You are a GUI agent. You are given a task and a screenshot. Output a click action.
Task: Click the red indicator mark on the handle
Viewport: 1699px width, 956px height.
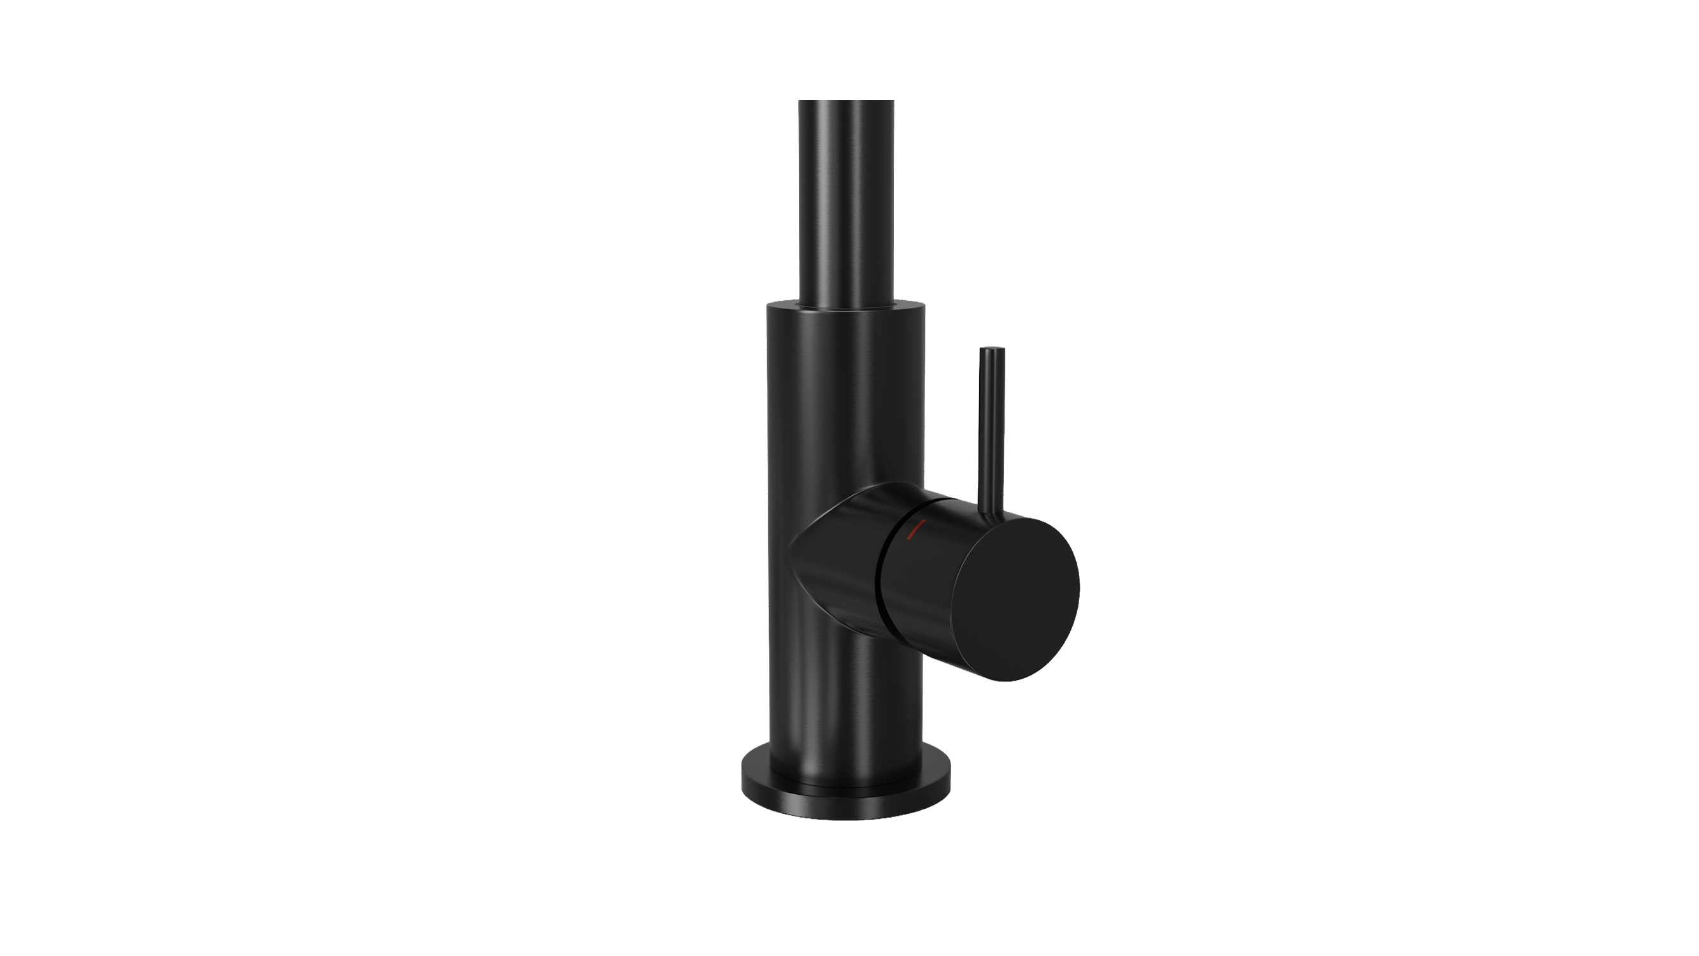pyautogui.click(x=916, y=529)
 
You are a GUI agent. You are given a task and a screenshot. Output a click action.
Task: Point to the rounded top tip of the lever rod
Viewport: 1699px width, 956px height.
pyautogui.click(x=992, y=349)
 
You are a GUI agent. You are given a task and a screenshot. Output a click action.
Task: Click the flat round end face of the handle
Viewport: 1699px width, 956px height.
pyautogui.click(x=1015, y=598)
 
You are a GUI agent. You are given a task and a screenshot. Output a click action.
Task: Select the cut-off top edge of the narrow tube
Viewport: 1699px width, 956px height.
pyautogui.click(x=846, y=101)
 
